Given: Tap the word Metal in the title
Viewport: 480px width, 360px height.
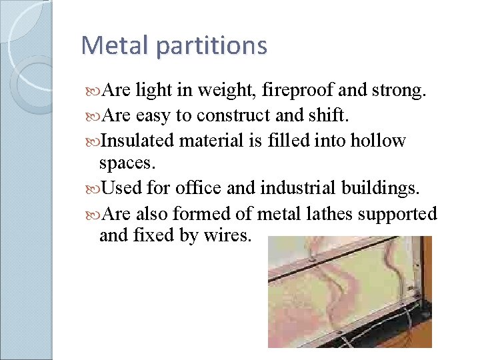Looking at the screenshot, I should [x=116, y=46].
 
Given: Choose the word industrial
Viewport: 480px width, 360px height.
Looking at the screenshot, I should [x=291, y=189].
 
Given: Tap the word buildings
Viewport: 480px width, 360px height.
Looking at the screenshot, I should [x=381, y=189].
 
